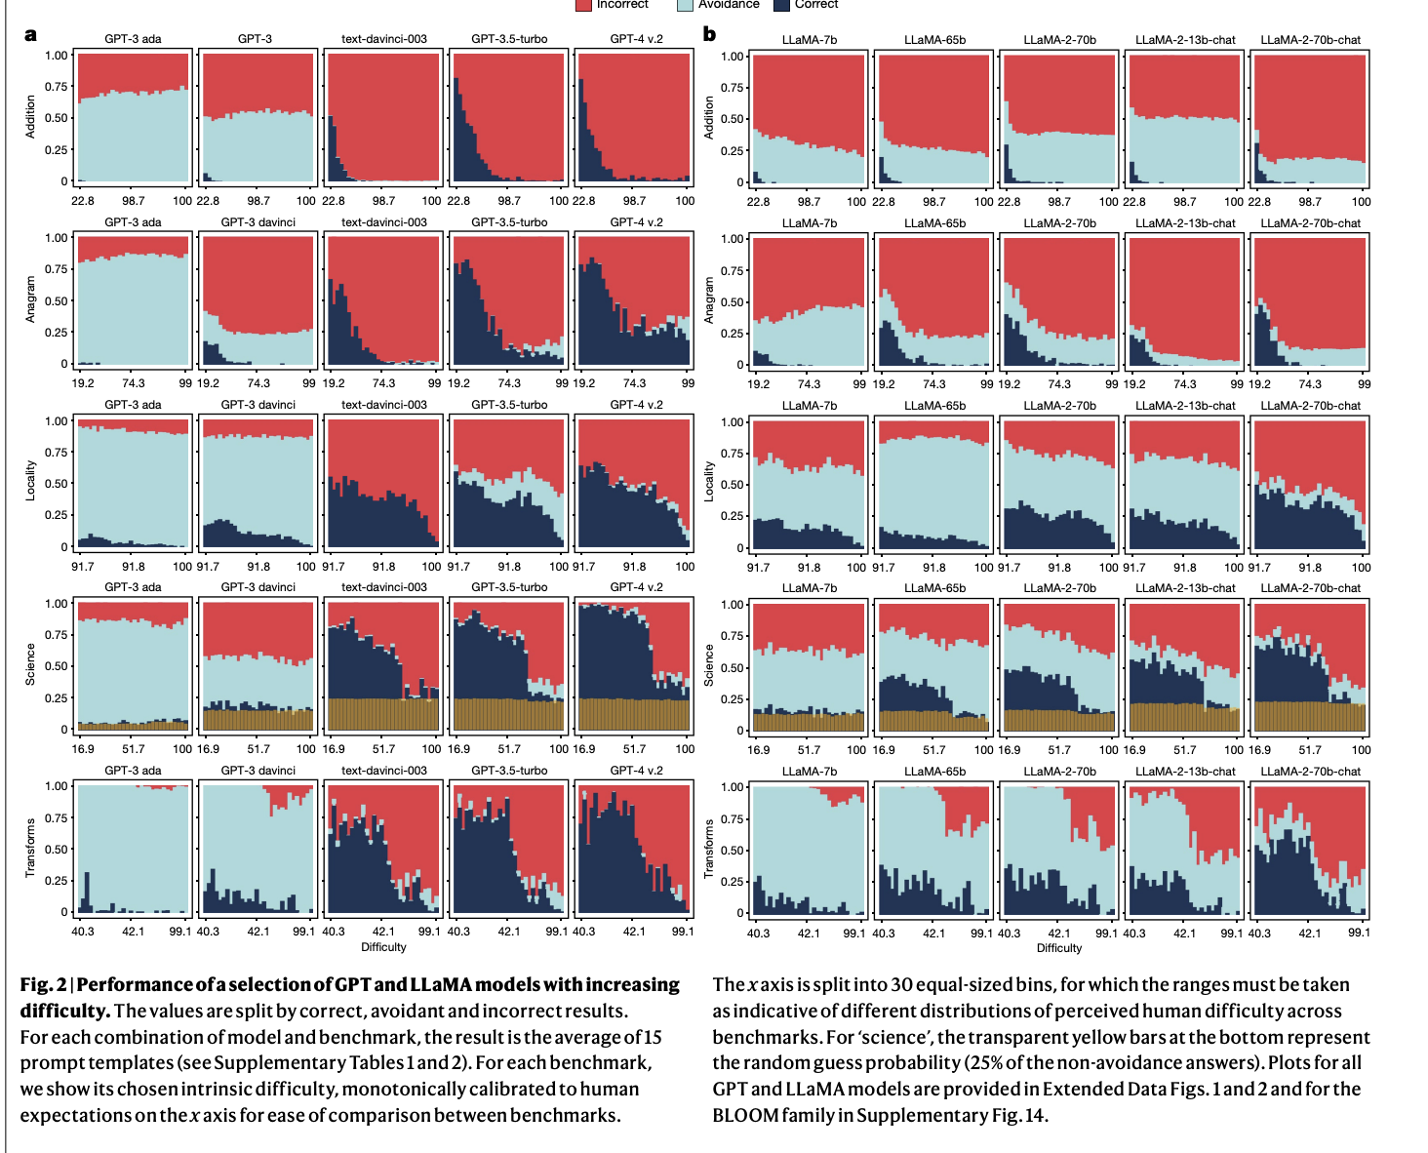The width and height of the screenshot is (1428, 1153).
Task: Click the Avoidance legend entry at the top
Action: click(x=728, y=5)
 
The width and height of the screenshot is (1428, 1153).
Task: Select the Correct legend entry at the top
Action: click(x=815, y=5)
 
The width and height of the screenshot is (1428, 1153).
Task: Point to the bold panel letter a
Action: click(x=30, y=35)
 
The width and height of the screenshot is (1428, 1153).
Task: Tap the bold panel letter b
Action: click(x=709, y=35)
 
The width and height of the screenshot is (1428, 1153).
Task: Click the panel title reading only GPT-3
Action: click(x=255, y=39)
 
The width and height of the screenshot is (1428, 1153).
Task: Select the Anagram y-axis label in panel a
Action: click(x=30, y=299)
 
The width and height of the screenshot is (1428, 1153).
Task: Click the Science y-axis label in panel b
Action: click(x=709, y=664)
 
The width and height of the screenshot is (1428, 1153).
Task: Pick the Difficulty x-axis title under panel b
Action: click(x=1058, y=947)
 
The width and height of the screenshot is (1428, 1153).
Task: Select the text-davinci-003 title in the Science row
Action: click(x=383, y=587)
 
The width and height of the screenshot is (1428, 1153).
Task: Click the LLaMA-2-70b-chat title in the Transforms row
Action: click(x=1310, y=772)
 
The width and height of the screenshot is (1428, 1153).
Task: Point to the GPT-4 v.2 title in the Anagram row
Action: click(x=635, y=222)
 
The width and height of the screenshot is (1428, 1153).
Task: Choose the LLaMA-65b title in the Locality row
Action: click(x=933, y=406)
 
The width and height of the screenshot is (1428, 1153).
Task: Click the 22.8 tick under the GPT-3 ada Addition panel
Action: click(x=83, y=201)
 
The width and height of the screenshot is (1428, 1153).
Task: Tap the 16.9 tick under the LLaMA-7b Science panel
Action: click(x=758, y=750)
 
